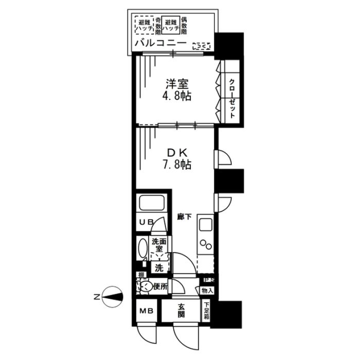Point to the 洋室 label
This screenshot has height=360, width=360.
coord(175,84)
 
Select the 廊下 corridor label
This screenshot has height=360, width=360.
coord(184,217)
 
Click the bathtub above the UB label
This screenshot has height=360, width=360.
coord(151,203)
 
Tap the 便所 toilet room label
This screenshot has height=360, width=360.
coord(160,286)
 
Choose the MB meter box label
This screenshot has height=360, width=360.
coord(145,311)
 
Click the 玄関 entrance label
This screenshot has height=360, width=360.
coord(182,311)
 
